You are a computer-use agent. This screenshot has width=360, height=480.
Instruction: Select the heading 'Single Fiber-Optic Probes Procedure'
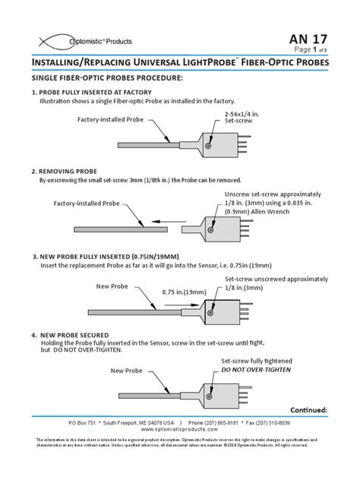[106, 78]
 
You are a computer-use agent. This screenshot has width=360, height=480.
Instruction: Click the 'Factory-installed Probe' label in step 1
[110, 120]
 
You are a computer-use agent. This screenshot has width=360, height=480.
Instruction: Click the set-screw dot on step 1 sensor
[210, 141]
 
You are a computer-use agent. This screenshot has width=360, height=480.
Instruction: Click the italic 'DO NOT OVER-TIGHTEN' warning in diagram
[257, 369]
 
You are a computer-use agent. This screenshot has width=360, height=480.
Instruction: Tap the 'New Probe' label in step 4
[127, 371]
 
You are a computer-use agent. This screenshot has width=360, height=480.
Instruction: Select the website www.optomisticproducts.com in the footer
[180, 429]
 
